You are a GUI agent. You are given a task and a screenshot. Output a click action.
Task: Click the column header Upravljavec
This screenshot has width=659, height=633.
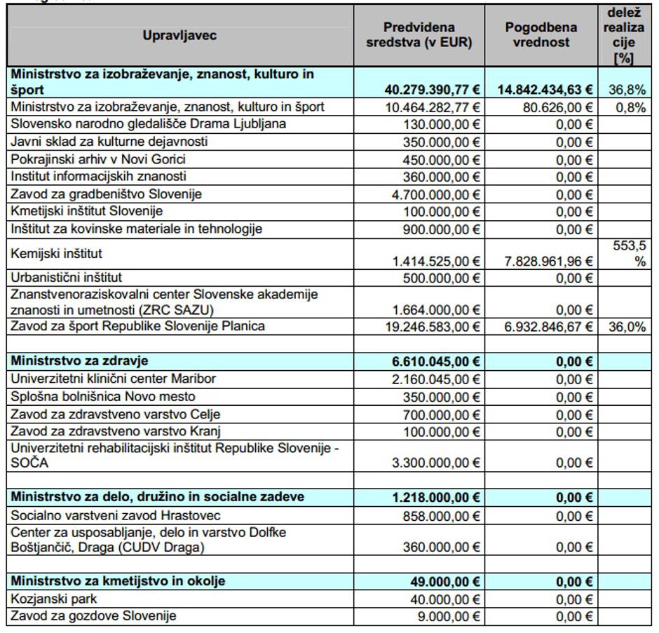tap(179, 36)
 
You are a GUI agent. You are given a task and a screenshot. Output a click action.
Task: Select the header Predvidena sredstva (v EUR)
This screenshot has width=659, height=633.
tap(419, 35)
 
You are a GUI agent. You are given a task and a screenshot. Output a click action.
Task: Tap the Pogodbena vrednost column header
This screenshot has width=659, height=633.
tap(541, 35)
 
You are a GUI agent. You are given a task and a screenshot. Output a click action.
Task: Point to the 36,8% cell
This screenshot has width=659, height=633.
tap(623, 90)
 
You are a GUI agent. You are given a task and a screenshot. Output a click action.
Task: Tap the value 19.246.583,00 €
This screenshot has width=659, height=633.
tap(435, 327)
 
